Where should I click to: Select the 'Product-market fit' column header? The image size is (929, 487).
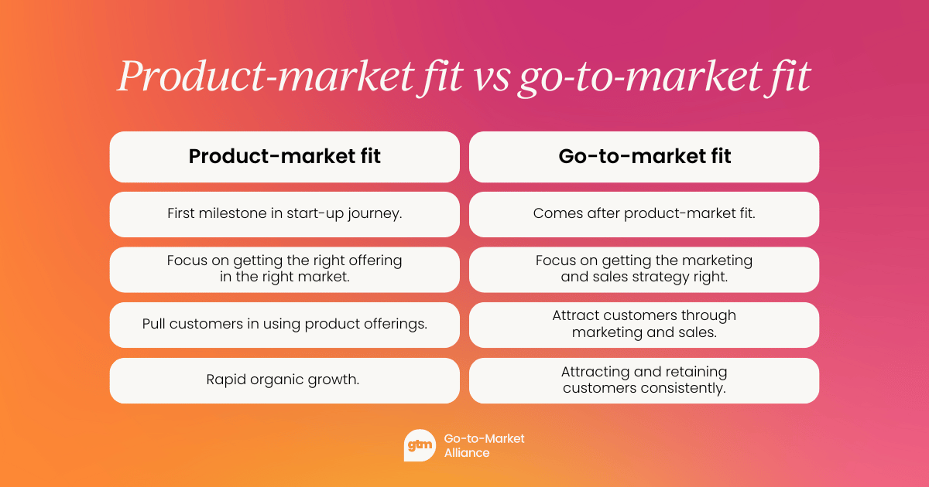click(x=285, y=157)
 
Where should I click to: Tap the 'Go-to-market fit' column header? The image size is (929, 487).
click(x=644, y=157)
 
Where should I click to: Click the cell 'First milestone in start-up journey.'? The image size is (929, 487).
click(x=285, y=214)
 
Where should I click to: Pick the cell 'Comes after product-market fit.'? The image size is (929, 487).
click(x=644, y=214)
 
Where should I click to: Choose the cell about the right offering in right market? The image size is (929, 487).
click(x=285, y=269)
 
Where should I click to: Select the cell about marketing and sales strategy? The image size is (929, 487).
click(x=644, y=269)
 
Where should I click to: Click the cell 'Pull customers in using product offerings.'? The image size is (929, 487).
click(x=285, y=325)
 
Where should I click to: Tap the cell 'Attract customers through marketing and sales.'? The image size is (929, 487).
click(x=644, y=325)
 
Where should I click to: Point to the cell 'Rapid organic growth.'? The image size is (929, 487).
click(x=285, y=380)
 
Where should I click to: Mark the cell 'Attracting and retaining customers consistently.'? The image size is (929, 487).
click(x=644, y=380)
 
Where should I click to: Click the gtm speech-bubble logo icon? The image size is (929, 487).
click(x=420, y=445)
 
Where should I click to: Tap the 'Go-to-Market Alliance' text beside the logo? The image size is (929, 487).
click(x=484, y=445)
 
